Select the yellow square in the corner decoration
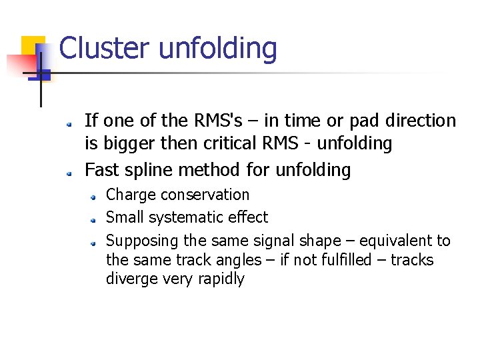coord(31,45)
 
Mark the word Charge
coord(131,195)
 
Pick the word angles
coord(226,261)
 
